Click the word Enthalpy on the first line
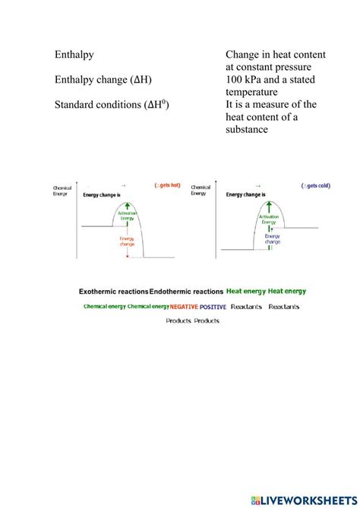click(x=79, y=55)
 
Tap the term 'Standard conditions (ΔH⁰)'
click(x=111, y=105)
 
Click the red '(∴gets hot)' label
click(x=166, y=185)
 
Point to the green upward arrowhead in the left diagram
click(x=128, y=204)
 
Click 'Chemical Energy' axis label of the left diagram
click(x=62, y=191)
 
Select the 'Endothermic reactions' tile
click(x=187, y=291)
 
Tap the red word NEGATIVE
click(x=184, y=307)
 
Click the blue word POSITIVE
click(x=213, y=307)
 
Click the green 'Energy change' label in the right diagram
click(x=273, y=239)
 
